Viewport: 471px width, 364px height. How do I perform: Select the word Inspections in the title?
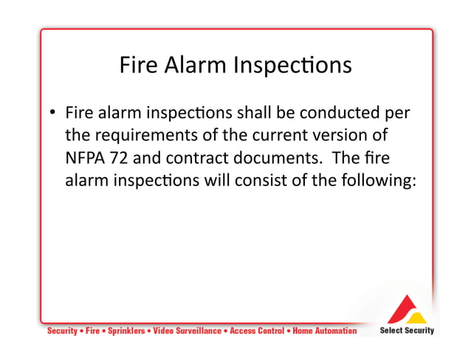coord(292,66)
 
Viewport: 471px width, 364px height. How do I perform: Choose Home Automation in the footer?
coord(324,331)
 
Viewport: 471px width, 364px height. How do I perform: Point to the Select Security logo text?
coord(407,330)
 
